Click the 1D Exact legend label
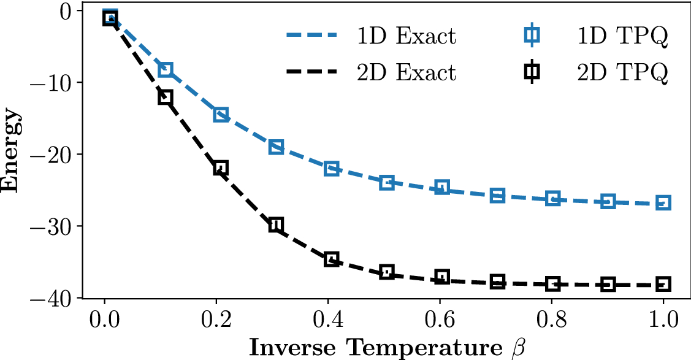(x=407, y=37)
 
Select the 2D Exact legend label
(x=407, y=72)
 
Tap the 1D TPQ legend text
(x=622, y=37)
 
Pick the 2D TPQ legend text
(x=622, y=72)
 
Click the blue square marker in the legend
(x=532, y=37)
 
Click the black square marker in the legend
(x=532, y=72)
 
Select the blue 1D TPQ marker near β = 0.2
(x=221, y=115)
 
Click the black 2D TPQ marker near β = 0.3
(x=276, y=224)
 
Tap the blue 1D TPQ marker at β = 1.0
(x=663, y=203)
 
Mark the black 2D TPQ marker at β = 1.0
(x=663, y=284)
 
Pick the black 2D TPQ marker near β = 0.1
(x=166, y=97)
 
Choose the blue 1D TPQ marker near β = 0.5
(x=387, y=182)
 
